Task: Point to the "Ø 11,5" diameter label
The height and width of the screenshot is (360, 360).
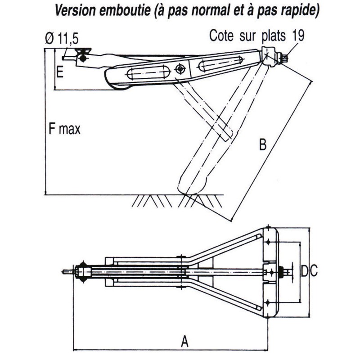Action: tap(58, 39)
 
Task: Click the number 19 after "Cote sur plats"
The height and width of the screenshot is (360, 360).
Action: tap(298, 36)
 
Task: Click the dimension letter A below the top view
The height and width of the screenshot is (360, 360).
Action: tap(184, 342)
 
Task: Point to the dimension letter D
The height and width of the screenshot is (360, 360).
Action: tap(305, 271)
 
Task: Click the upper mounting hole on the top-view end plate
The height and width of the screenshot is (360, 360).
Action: tap(269, 242)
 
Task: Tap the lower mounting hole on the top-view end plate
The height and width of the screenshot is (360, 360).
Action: tap(269, 301)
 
